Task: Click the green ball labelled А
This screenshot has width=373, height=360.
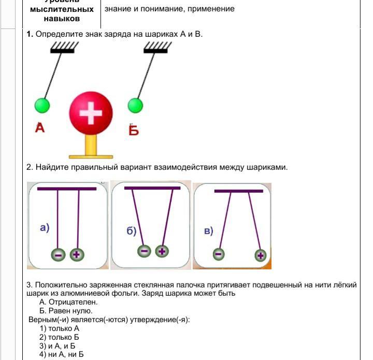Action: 42,106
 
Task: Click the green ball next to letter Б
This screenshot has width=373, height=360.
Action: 135,105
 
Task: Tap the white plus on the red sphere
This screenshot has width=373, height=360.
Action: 91,113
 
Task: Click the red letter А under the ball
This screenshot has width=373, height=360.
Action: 40,127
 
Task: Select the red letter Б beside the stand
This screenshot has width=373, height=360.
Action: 134,129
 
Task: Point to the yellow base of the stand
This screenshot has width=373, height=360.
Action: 91,155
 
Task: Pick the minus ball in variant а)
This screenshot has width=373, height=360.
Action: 58,255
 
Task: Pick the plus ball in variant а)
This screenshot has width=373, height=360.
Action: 77,254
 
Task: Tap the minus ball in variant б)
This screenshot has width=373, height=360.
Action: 145,251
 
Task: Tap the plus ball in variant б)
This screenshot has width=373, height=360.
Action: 162,251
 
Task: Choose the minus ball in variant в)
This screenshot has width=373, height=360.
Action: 219,254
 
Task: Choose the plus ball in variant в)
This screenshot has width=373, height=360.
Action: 260,255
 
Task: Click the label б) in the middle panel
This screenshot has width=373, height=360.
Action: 132,231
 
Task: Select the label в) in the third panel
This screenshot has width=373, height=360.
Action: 208,231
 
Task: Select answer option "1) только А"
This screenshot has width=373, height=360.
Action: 60,328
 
